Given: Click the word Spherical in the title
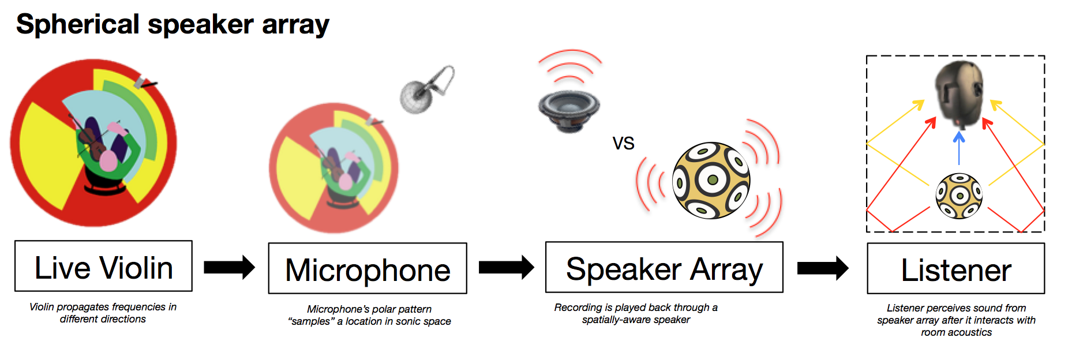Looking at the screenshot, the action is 78,25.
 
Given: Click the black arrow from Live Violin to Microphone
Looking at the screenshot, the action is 230,267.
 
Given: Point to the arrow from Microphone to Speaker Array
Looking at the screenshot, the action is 507,267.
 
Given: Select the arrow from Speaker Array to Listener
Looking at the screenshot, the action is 823,268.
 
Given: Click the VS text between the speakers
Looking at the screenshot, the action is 623,143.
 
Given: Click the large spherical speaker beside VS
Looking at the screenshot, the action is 711,180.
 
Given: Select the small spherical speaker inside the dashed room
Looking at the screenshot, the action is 959,196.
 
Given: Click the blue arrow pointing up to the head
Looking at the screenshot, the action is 959,148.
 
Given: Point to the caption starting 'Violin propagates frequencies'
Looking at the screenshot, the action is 103,313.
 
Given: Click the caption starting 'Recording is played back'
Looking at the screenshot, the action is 636,313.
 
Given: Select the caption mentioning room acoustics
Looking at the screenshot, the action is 956,320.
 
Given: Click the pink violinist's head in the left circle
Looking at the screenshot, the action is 107,161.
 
